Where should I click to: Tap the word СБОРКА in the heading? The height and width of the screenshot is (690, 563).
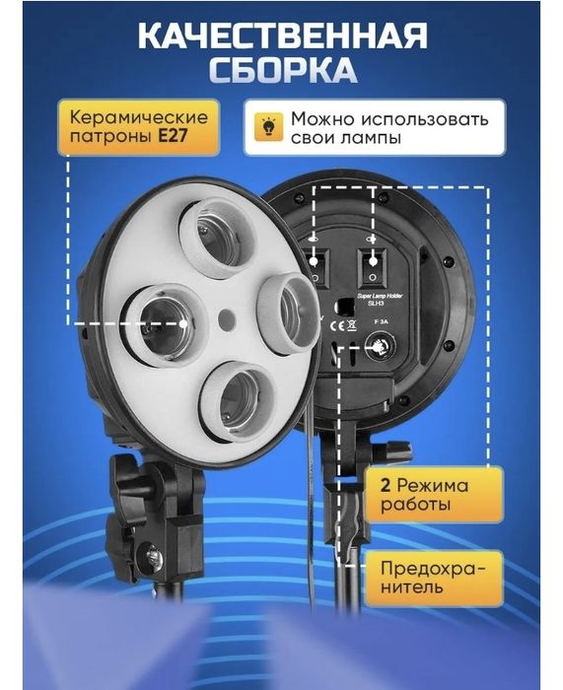[281, 74]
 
